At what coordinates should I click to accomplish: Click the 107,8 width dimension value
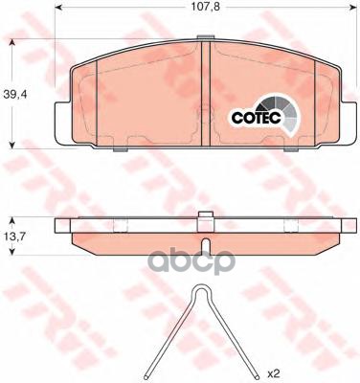pyautogui.click(x=206, y=7)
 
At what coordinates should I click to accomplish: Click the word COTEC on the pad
pyautogui.click(x=257, y=118)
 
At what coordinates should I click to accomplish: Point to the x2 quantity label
pyautogui.click(x=274, y=372)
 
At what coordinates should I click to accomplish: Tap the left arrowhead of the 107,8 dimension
pyautogui.click(x=58, y=8)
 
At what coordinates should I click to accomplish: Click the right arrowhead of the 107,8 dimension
pyautogui.click(x=352, y=8)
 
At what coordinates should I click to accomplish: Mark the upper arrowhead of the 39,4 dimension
pyautogui.click(x=11, y=42)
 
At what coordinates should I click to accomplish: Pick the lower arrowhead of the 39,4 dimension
pyautogui.click(x=11, y=145)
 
